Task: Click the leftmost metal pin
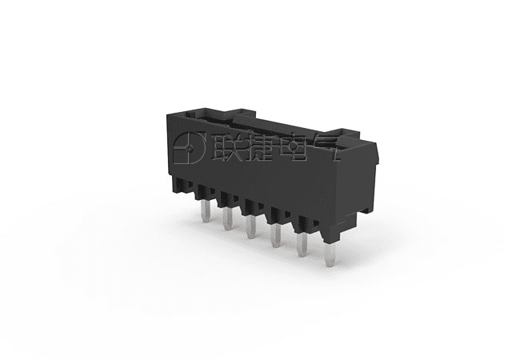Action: click(x=205, y=211)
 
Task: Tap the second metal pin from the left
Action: click(x=228, y=218)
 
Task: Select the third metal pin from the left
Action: click(x=251, y=226)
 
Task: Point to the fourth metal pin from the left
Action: click(x=276, y=235)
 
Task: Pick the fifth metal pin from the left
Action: click(x=302, y=245)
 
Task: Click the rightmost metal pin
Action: click(x=330, y=254)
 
